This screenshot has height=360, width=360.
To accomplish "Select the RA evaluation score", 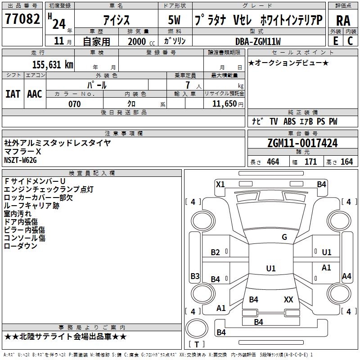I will [343, 21].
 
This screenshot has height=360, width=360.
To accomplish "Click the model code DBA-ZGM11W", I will [258, 41].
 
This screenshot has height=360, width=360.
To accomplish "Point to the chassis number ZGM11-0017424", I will [302, 143].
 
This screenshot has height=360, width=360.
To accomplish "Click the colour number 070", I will [74, 104].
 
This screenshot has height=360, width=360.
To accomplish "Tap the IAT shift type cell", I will [13, 94].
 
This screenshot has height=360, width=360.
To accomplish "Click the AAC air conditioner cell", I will [35, 94].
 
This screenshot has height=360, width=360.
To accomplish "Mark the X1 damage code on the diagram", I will [220, 184].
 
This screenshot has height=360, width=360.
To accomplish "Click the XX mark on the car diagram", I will [288, 299].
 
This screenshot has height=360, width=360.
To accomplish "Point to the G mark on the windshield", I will [284, 237].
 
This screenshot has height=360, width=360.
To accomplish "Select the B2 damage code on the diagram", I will [216, 252].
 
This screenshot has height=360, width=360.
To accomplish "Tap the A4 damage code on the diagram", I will [346, 276].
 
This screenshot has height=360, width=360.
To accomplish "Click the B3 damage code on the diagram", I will [195, 276].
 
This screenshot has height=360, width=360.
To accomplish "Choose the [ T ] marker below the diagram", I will [196, 345].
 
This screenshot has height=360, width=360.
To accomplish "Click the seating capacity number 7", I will [187, 85].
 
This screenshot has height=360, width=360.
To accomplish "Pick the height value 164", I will [347, 162].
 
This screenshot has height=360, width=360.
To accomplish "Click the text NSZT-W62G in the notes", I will [20, 160].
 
